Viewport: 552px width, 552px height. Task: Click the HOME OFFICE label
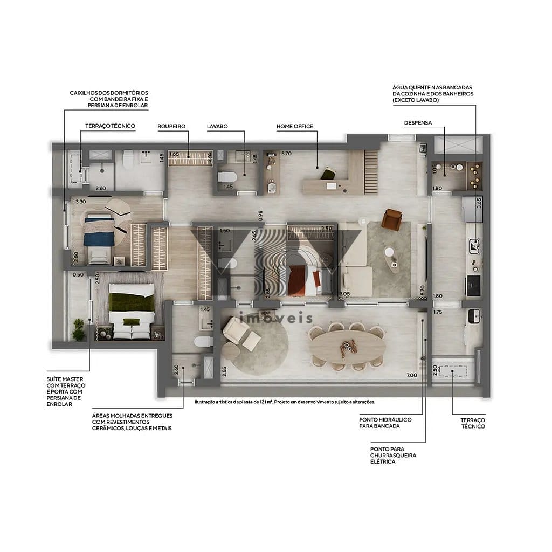294,126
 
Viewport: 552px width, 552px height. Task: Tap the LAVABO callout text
217,126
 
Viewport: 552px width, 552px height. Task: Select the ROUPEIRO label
171,126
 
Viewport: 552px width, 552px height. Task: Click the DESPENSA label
418,123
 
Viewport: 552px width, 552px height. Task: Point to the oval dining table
347,348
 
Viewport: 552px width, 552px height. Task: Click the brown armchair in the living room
392,219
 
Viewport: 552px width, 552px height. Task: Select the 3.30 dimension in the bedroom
80,202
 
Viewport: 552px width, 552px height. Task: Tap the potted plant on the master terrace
79,331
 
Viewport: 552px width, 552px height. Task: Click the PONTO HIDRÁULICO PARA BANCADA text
385,422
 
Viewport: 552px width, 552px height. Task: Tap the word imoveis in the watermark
275,318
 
